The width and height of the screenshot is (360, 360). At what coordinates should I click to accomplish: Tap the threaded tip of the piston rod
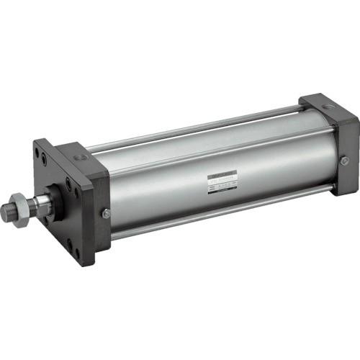tap(7, 212)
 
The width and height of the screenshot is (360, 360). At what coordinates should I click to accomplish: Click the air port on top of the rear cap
tap(328, 106)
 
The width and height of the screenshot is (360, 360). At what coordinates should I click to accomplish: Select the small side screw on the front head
tap(106, 213)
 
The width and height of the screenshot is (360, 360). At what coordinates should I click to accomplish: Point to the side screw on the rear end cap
tap(345, 161)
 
